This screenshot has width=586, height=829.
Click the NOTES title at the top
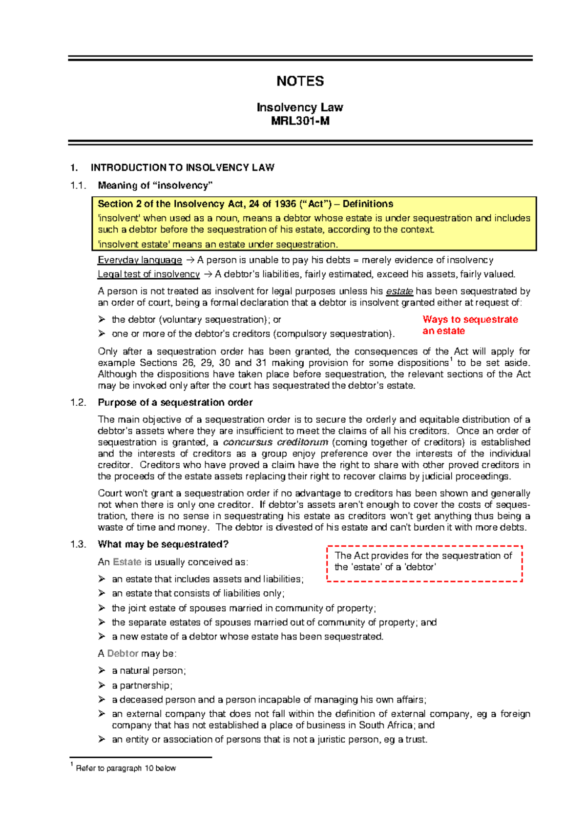pyautogui.click(x=300, y=81)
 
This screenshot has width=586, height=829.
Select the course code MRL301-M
pyautogui.click(x=300, y=121)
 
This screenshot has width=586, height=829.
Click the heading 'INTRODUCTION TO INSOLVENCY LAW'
pyautogui.click(x=182, y=167)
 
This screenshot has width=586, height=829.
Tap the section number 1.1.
pyautogui.click(x=78, y=186)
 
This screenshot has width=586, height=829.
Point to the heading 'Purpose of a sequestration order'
pyautogui.click(x=175, y=402)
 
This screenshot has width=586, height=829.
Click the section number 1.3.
pyautogui.click(x=78, y=544)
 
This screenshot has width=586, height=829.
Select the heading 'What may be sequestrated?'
pyautogui.click(x=163, y=544)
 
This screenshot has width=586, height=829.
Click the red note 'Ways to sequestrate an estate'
pyautogui.click(x=470, y=325)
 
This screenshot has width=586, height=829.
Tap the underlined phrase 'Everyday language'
pyautogui.click(x=140, y=260)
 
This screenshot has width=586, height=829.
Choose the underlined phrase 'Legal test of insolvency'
pyautogui.click(x=148, y=274)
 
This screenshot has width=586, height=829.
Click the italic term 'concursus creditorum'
pyautogui.click(x=275, y=442)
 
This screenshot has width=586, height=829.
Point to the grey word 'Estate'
pyautogui.click(x=127, y=562)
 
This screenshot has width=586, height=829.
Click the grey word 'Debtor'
pyautogui.click(x=123, y=653)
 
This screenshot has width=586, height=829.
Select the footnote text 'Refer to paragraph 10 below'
pyautogui.click(x=126, y=768)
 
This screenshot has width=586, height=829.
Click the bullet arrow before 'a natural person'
pyautogui.click(x=102, y=670)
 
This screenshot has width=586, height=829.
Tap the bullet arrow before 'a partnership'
pyautogui.click(x=102, y=685)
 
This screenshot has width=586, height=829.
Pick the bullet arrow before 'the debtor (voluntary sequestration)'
pyautogui.click(x=102, y=319)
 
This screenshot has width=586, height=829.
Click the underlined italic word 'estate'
pyautogui.click(x=399, y=291)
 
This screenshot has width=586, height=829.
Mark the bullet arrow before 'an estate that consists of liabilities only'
pyautogui.click(x=102, y=593)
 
